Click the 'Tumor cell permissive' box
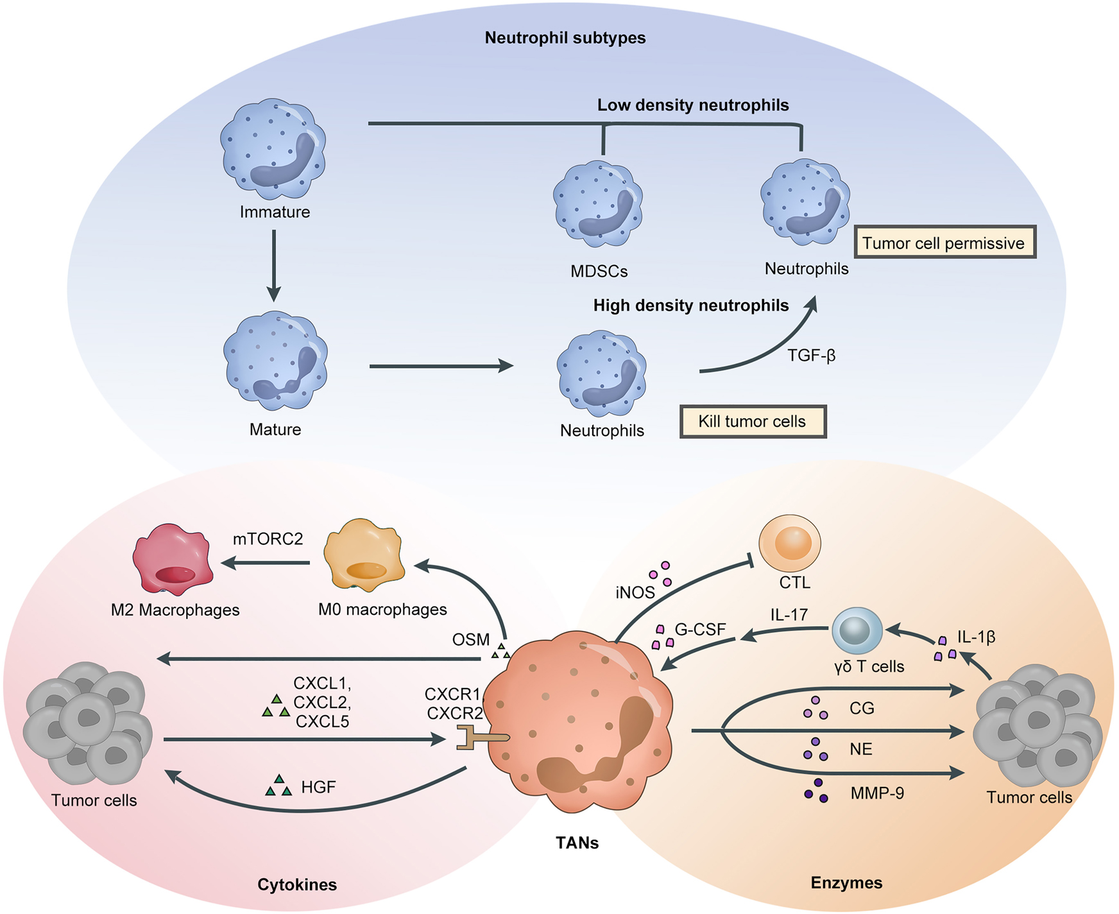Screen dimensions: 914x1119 pos(944,243)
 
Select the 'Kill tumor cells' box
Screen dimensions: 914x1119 pos(753,422)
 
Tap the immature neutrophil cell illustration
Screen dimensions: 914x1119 pos(273,148)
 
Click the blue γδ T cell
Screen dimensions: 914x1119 pos(857,630)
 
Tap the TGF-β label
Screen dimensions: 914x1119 pos(811,355)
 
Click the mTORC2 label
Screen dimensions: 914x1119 pos(268,539)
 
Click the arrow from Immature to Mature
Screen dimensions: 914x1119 pos(274,264)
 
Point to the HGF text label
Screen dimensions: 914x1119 pos(318,787)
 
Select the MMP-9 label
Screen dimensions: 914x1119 pos(877,794)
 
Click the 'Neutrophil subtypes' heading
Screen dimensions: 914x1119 pos(565,38)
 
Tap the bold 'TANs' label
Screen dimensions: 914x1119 pos(577,843)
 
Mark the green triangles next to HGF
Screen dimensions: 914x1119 pos(278,786)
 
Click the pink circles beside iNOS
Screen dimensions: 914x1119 pos(661,573)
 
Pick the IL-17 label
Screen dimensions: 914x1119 pos(789,615)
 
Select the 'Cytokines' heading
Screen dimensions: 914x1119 pos(297,884)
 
